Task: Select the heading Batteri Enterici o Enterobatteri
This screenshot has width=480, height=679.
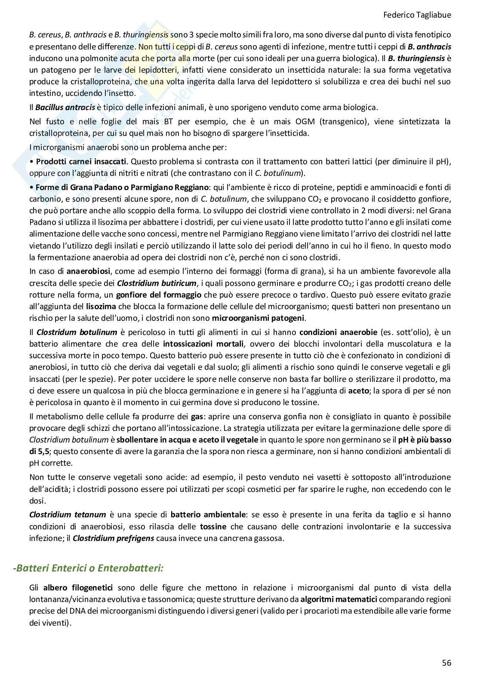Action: (88, 568)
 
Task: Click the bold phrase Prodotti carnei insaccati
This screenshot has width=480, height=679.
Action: (81, 162)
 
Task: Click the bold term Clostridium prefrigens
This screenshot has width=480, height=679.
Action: (113, 538)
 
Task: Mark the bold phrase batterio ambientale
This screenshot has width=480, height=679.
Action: (208, 514)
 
